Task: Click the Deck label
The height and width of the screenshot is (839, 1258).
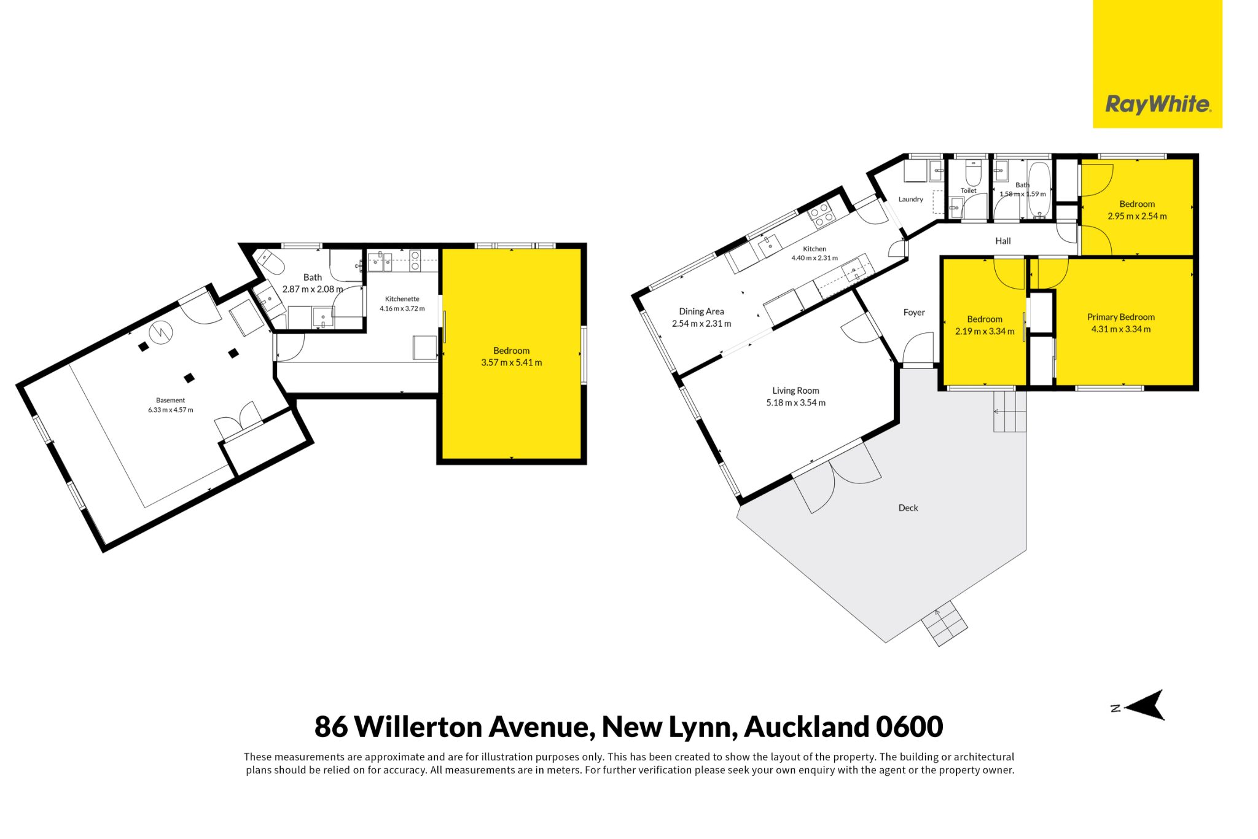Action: click(908, 508)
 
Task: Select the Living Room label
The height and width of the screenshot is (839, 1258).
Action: click(795, 391)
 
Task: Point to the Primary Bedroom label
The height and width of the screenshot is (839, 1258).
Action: click(1121, 317)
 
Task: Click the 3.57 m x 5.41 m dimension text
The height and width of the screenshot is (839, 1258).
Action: click(512, 362)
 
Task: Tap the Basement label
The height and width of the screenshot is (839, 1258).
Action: click(170, 400)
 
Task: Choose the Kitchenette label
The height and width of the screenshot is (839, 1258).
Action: click(402, 299)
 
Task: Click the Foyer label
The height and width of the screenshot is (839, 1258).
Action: click(914, 313)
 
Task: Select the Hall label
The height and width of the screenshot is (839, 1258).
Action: click(1003, 241)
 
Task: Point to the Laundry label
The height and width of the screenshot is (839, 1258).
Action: click(911, 199)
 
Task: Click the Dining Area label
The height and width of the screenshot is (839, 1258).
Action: click(701, 311)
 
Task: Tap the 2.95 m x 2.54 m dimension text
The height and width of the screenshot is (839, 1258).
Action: click(1137, 216)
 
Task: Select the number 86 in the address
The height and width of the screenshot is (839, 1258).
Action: click(331, 727)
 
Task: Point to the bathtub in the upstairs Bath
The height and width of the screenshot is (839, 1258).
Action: click(1039, 190)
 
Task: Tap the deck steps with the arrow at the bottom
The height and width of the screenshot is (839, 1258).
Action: click(944, 623)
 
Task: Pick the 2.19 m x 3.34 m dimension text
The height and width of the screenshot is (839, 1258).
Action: click(985, 332)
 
